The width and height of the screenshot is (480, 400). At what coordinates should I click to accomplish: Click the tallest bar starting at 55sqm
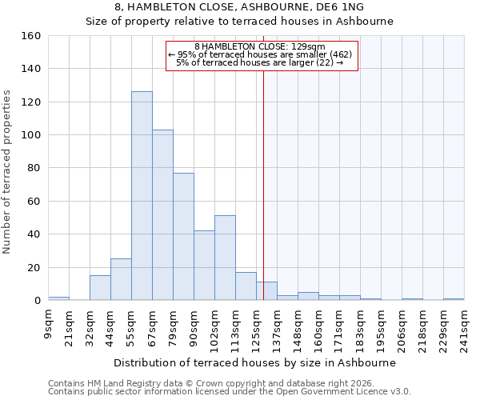point(142,196)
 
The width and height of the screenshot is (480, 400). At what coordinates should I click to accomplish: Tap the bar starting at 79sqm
point(183,236)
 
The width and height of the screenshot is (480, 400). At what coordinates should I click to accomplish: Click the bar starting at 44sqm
point(121,279)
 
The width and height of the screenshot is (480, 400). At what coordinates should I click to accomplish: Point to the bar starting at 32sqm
point(100,288)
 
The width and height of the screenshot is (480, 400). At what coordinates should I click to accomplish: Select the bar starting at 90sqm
point(204,265)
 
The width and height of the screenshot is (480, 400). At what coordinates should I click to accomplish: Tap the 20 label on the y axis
point(34,267)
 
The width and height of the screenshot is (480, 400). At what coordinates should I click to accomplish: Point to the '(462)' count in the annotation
point(341,54)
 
